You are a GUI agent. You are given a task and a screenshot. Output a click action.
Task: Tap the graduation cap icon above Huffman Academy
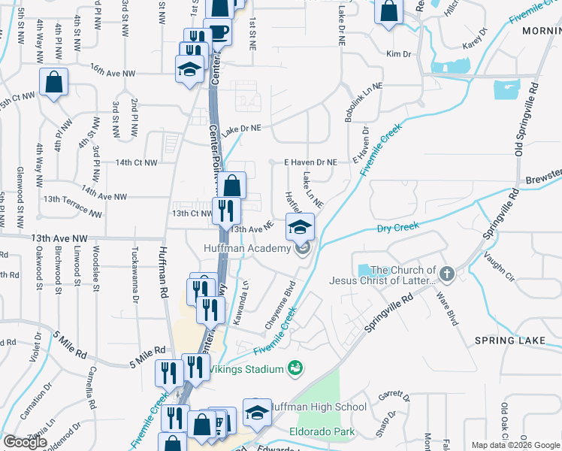point(300,226)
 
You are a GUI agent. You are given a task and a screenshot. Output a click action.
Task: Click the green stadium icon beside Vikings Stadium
point(295,368)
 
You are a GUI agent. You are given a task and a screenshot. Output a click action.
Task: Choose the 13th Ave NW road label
point(60,238)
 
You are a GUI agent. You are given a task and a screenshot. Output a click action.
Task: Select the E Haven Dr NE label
point(310,162)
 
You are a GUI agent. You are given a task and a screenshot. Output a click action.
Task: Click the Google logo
point(26,443)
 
